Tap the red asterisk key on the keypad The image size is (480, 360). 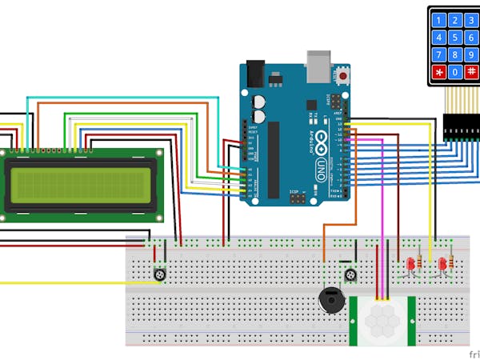coord(438,73)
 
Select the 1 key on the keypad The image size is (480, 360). coord(438,19)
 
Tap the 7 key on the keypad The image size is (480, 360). coord(438,55)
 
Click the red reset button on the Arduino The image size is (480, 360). coord(344,76)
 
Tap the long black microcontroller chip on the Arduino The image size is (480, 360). coord(273,160)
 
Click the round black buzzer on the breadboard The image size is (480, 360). coord(330,302)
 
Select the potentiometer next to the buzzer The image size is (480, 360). coord(350,276)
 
